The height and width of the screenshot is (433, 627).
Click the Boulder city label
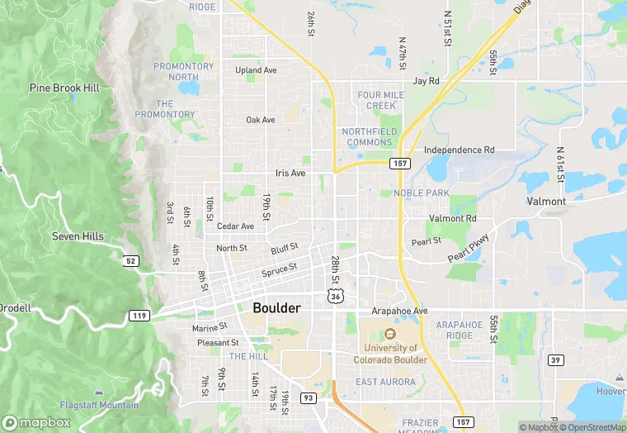[276, 307]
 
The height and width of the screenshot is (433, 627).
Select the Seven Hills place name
[78, 236]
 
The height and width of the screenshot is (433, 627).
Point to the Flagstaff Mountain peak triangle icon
[99, 390]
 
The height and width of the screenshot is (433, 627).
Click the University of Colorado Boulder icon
[390, 335]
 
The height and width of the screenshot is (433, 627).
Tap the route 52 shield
[130, 261]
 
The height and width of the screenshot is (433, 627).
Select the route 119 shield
[139, 316]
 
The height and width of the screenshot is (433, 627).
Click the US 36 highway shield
[334, 295]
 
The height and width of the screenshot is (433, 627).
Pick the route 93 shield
[308, 398]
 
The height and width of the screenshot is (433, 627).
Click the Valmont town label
[546, 201]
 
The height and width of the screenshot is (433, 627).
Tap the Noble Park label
[422, 193]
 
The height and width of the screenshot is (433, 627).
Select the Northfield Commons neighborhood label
[370, 137]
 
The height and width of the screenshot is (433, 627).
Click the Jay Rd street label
[426, 82]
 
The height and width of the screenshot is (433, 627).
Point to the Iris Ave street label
[290, 174]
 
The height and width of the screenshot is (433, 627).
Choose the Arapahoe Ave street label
[400, 311]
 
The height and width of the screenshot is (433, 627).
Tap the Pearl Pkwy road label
[469, 248]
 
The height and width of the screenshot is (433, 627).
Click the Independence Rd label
[459, 150]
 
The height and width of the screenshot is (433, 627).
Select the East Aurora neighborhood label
[384, 382]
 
